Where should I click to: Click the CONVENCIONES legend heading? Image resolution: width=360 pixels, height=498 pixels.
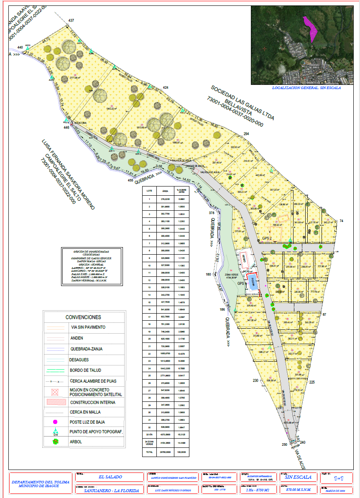tap(83, 317)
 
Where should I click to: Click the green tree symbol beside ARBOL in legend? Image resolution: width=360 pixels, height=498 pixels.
tap(55, 442)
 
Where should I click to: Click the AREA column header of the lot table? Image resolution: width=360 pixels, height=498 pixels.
tap(165, 189)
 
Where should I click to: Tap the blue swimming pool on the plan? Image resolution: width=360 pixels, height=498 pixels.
tap(252, 281)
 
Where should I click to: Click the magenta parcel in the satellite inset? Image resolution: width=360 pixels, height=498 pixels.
tap(311, 28)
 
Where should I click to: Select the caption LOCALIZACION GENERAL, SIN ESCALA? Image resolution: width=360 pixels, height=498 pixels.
tap(306, 88)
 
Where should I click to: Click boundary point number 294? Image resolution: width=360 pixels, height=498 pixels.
tap(246, 134)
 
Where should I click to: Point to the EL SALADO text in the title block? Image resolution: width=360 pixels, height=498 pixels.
tap(110, 477)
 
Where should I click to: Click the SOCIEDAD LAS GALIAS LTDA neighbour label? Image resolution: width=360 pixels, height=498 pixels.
tap(243, 102)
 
